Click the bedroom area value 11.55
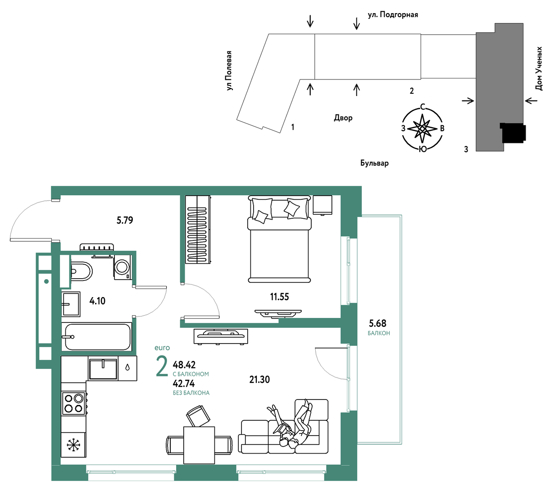(x=279, y=296)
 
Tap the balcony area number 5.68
(x=377, y=323)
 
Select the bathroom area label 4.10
(x=97, y=301)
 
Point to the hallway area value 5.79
(x=125, y=220)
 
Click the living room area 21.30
(x=259, y=379)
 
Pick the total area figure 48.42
(x=184, y=365)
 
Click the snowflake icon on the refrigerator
(x=73, y=445)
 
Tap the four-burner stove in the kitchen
(x=74, y=403)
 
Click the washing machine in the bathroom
(x=122, y=267)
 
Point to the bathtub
(x=96, y=336)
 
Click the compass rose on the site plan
(x=422, y=128)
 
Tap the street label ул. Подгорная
(x=393, y=14)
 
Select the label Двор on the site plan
(x=343, y=118)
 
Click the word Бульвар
(x=374, y=163)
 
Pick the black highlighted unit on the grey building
(x=513, y=133)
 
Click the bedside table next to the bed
(x=322, y=205)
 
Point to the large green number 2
(x=162, y=367)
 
